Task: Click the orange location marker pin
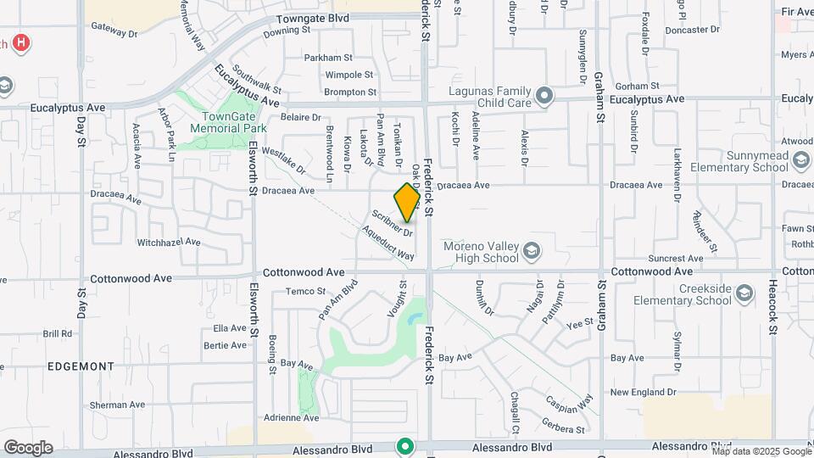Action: click(407, 202)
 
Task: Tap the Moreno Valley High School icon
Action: click(531, 249)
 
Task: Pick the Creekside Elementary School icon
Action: click(744, 293)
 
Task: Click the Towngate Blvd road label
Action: click(314, 18)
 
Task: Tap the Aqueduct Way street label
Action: click(387, 243)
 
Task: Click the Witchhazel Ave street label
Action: click(169, 242)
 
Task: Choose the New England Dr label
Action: click(643, 392)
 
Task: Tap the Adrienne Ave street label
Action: click(291, 417)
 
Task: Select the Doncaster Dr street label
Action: click(692, 30)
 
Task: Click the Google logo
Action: click(28, 447)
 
